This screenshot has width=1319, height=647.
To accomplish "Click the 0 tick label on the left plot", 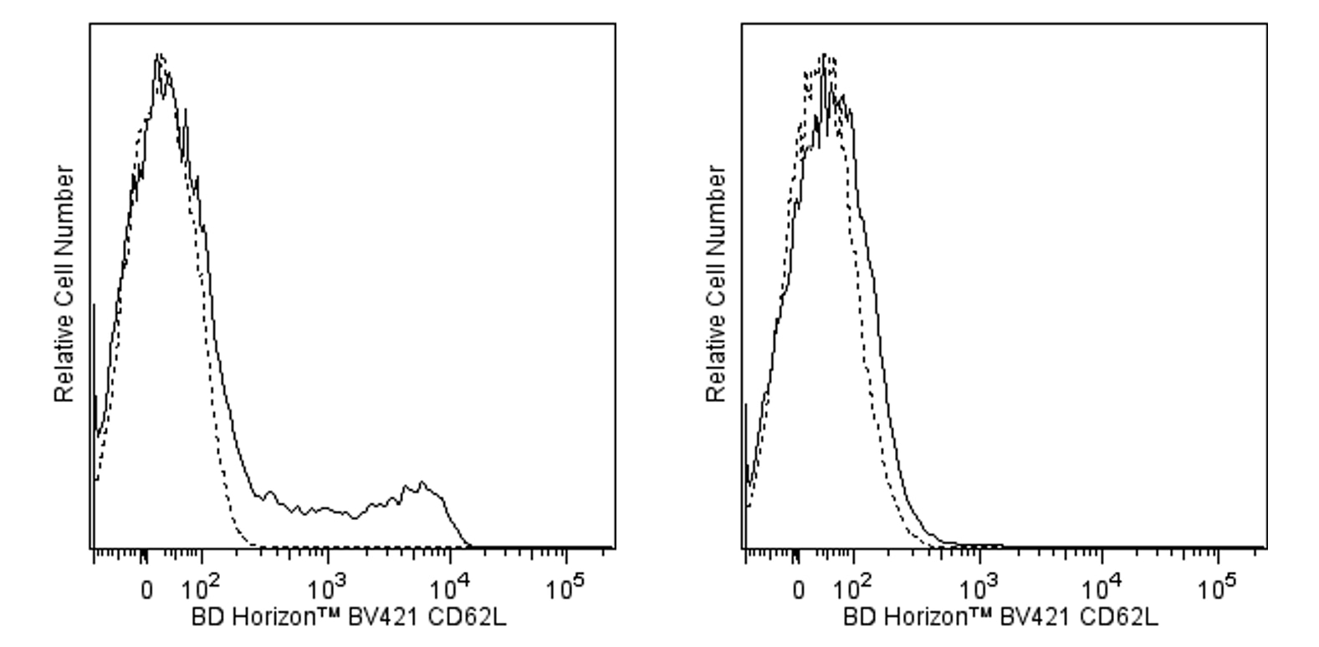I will click(146, 590).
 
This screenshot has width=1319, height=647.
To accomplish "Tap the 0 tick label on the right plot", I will click(799, 590).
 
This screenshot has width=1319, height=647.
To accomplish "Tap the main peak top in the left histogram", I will click(159, 57).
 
